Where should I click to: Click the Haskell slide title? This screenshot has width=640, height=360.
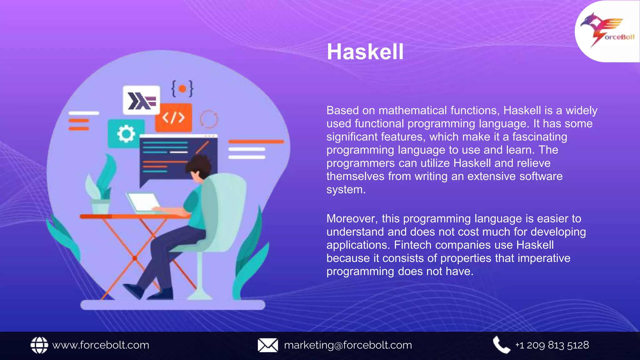point(365,52)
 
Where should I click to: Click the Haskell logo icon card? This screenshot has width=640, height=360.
point(141,100)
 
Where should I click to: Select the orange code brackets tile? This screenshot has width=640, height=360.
point(173,118)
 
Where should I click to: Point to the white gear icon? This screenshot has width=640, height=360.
point(126,134)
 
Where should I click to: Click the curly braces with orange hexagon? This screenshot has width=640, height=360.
point(182,88)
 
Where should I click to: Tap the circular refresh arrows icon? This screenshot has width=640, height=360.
point(209,119)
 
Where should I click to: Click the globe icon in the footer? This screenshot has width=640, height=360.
point(39,345)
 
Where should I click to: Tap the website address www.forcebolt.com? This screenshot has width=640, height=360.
point(101,345)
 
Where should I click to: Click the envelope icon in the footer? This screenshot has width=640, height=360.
point(268,345)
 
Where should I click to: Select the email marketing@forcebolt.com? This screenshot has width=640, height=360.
point(348,345)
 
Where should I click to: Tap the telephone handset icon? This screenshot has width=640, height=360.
point(501,345)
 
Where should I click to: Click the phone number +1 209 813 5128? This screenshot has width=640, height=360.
point(552,345)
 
